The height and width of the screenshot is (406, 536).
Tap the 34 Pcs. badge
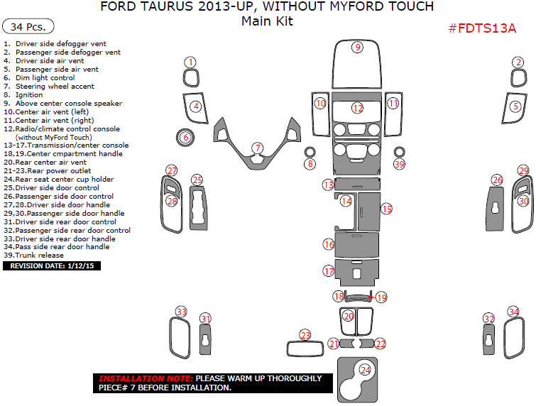tap(29, 27)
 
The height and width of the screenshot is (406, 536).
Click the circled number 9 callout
tap(358, 48)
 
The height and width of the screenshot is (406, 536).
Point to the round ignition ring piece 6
tap(185, 137)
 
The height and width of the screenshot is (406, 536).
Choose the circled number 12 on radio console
tap(358, 108)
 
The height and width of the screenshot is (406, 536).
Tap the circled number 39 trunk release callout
tap(400, 164)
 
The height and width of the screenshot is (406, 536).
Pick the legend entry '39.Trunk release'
tap(33, 255)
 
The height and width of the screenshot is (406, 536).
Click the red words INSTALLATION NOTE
tap(145, 379)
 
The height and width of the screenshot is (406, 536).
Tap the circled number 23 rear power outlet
tap(305, 335)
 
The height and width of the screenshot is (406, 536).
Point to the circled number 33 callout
tap(182, 312)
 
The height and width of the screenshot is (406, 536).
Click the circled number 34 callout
tap(513, 312)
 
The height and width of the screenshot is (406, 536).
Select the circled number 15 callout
tap(386, 209)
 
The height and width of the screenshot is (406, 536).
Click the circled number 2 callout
tap(519, 62)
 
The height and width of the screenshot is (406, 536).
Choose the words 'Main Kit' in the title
tap(267, 21)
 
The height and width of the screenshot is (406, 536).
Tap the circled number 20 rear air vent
tap(348, 316)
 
